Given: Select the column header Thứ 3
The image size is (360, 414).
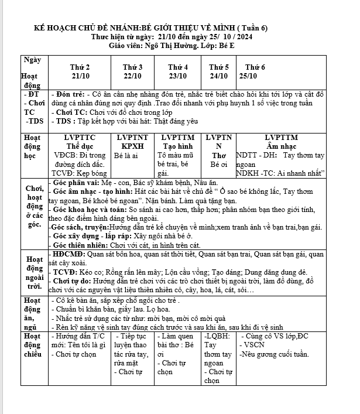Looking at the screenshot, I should [133, 67].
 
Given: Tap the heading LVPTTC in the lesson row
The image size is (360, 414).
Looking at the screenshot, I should [80, 137].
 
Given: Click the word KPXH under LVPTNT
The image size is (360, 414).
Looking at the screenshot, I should [132, 145].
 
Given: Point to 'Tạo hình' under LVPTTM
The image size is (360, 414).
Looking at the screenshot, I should [177, 145].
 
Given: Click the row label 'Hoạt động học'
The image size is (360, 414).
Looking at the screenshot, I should [30, 146].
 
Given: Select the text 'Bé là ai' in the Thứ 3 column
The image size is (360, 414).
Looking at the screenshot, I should [126, 156].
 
